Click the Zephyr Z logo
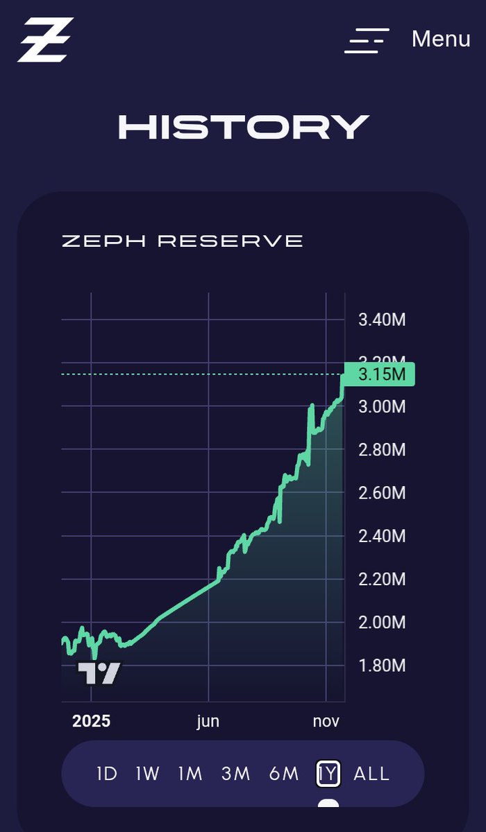46,40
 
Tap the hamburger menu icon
367,40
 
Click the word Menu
441,39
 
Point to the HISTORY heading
243,128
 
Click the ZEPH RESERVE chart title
183,241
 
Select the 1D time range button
107,774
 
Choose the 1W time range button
147,774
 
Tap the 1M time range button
190,774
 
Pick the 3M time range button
235,774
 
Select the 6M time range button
283,774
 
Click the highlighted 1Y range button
328,774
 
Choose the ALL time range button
371,774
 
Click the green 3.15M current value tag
380,374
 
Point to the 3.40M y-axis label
382,320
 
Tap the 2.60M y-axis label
382,493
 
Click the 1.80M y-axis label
382,666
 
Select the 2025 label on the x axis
91,721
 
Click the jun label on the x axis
208,721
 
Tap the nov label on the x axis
326,721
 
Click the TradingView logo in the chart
99,673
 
